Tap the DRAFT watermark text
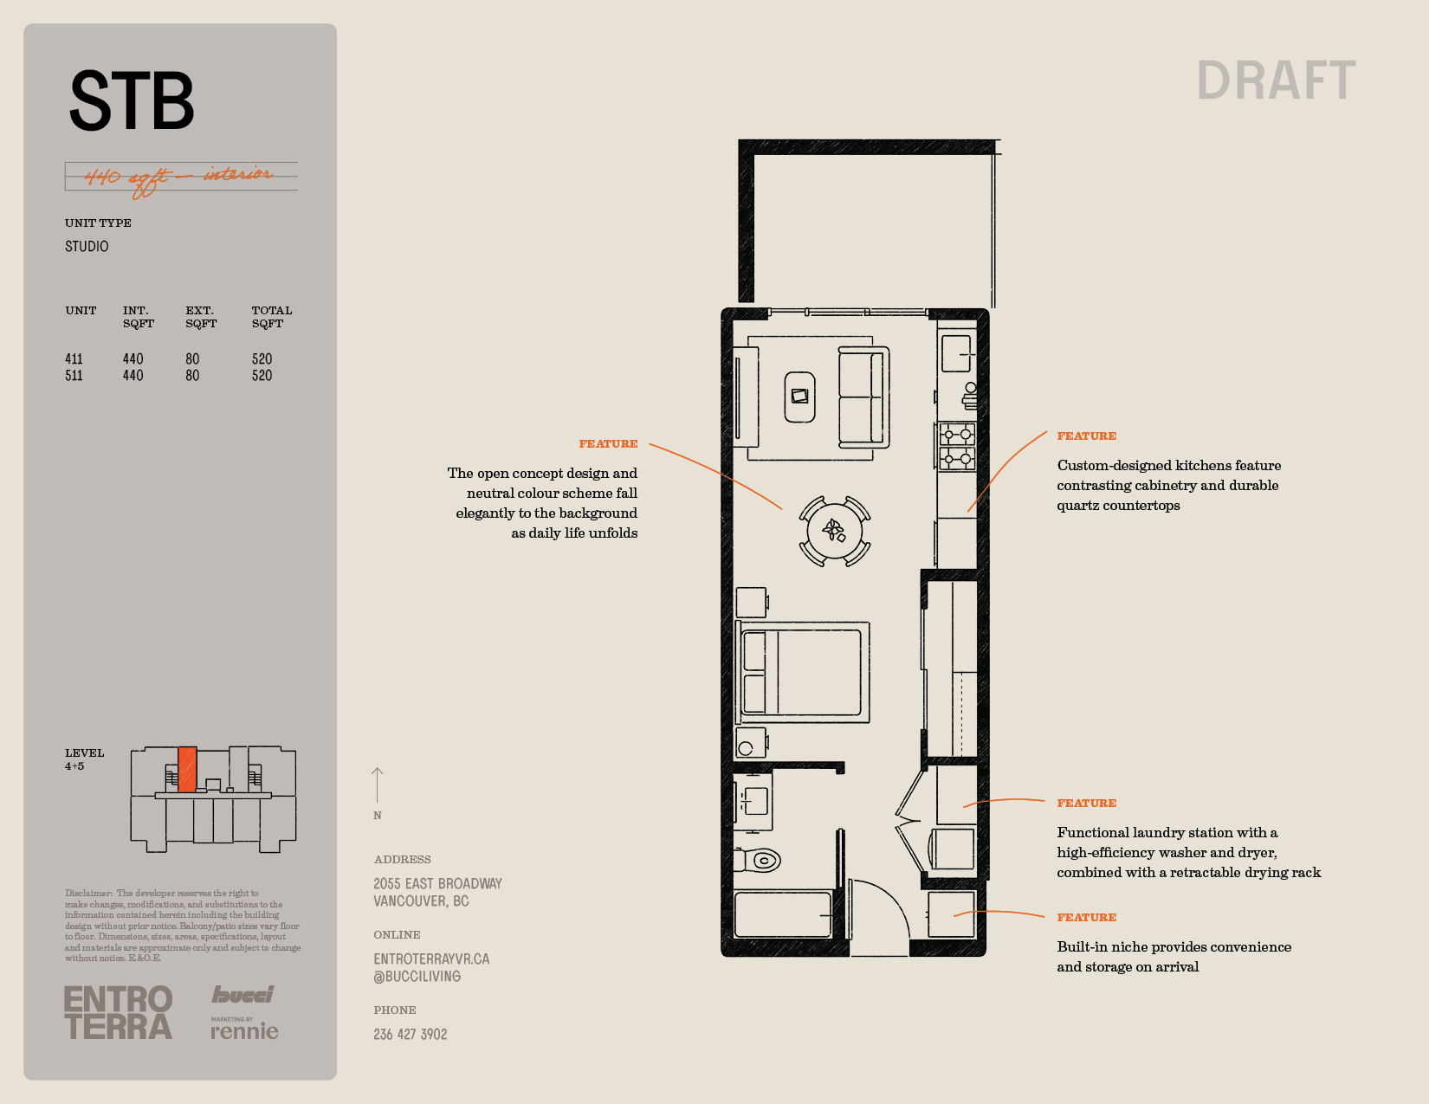pos(1276,81)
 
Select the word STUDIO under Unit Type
pos(87,247)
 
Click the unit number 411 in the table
pos(74,359)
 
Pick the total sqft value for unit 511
pos(262,376)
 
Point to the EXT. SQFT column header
pos(201,317)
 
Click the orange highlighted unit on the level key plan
pos(187,769)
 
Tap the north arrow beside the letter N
pos(377,784)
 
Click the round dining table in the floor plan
pos(835,531)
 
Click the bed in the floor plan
pos(803,672)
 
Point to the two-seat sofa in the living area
pos(863,397)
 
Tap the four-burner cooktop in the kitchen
pos(957,447)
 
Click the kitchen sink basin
pos(955,354)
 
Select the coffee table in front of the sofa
pos(799,397)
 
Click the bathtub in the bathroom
pos(783,914)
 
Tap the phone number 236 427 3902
pos(411,1035)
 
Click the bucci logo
pos(242,994)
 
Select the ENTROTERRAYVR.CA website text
pos(431,959)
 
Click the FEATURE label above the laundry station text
pos(1086,803)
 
